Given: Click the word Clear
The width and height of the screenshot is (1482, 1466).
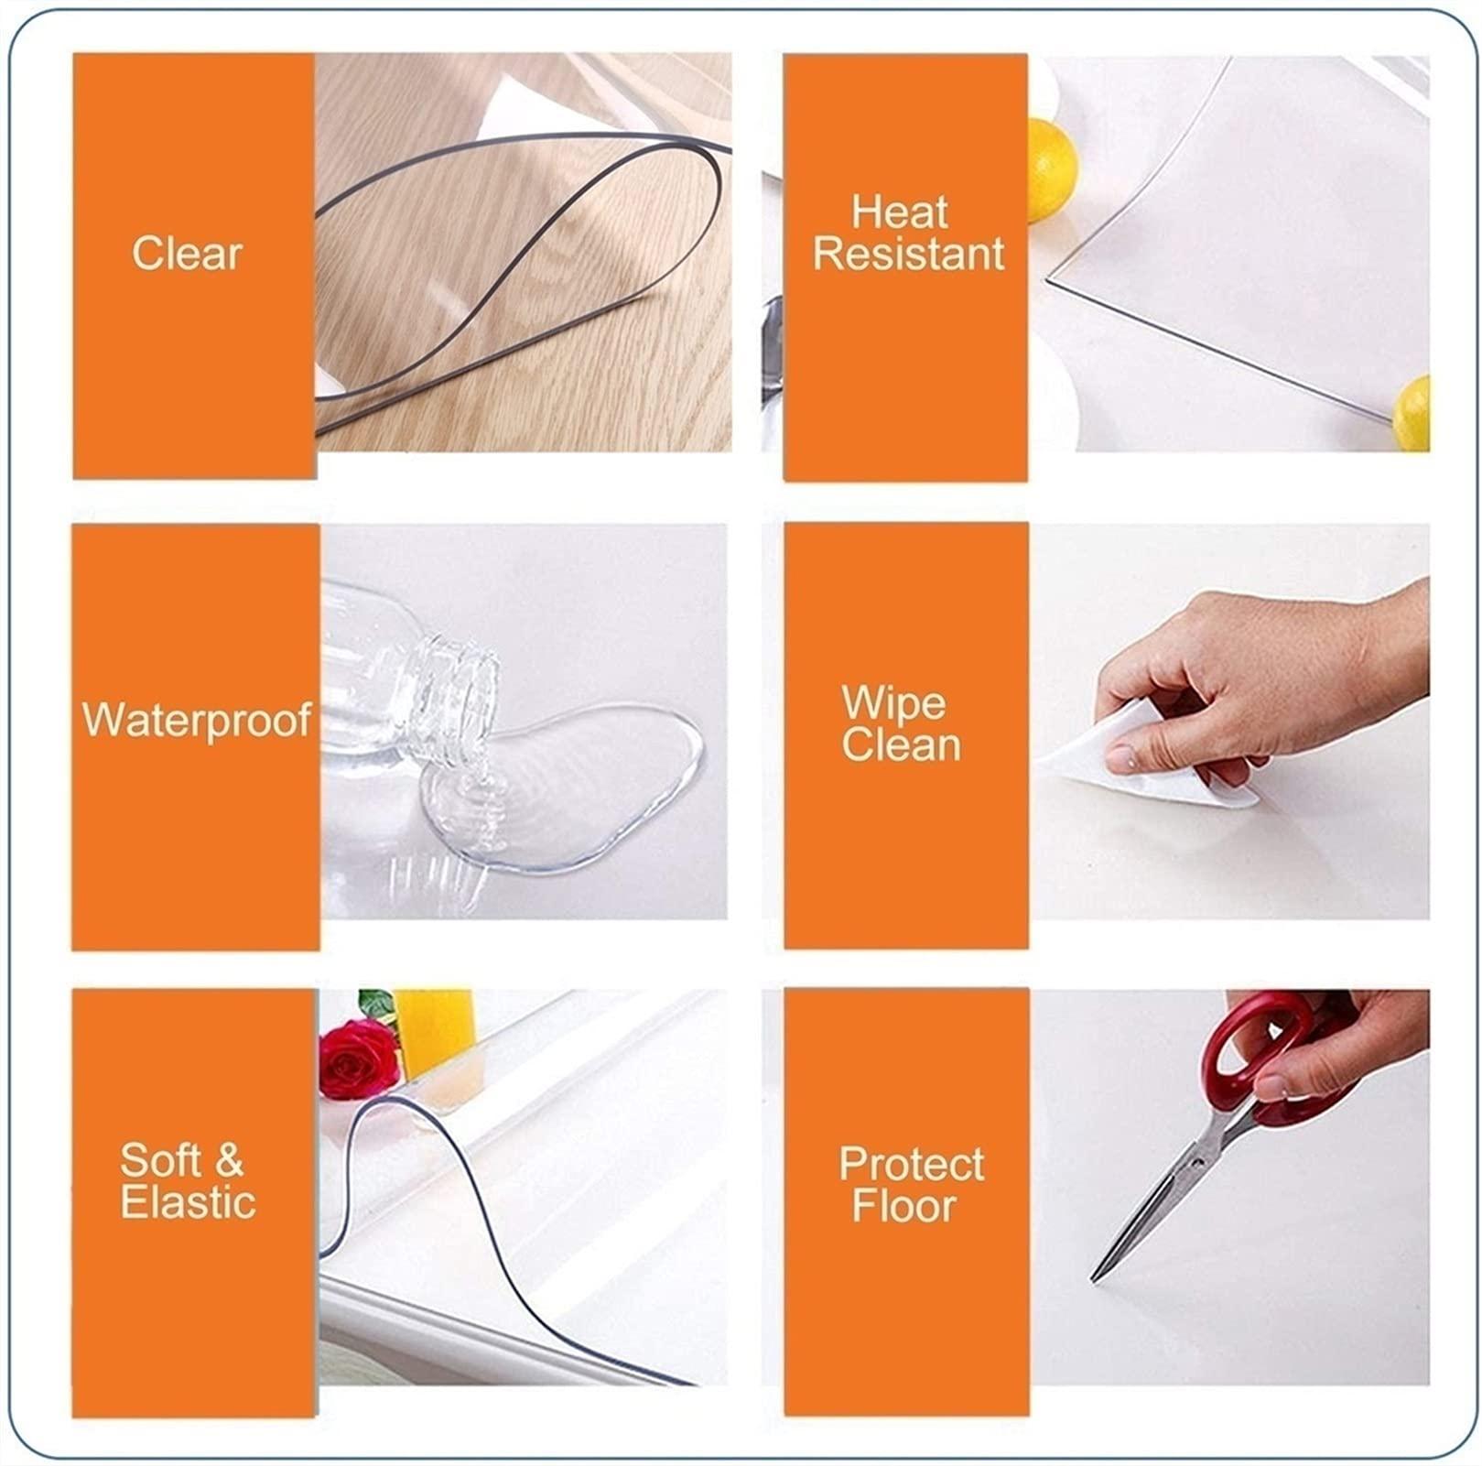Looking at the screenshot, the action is click(x=187, y=254).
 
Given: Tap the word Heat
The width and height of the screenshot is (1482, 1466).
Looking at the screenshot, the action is click(x=900, y=212).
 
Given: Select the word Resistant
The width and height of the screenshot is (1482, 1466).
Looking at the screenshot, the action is click(x=909, y=254).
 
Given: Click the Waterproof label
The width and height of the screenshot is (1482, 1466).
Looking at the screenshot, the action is click(x=197, y=720).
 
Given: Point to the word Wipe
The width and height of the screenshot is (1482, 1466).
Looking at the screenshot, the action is click(x=893, y=704).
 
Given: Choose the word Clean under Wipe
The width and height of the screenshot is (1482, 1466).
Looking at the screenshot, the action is click(x=902, y=744).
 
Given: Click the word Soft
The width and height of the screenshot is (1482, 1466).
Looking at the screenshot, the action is click(x=161, y=1160).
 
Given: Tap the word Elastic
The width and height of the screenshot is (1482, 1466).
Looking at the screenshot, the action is click(x=188, y=1201).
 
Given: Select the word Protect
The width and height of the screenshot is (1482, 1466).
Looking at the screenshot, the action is click(x=912, y=1165).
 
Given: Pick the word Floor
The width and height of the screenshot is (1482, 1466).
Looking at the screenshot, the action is click(x=903, y=1205).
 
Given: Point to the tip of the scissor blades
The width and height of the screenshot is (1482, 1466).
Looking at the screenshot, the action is click(x=1093, y=1279).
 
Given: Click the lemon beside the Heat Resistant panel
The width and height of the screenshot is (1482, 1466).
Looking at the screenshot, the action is click(x=1051, y=170).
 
